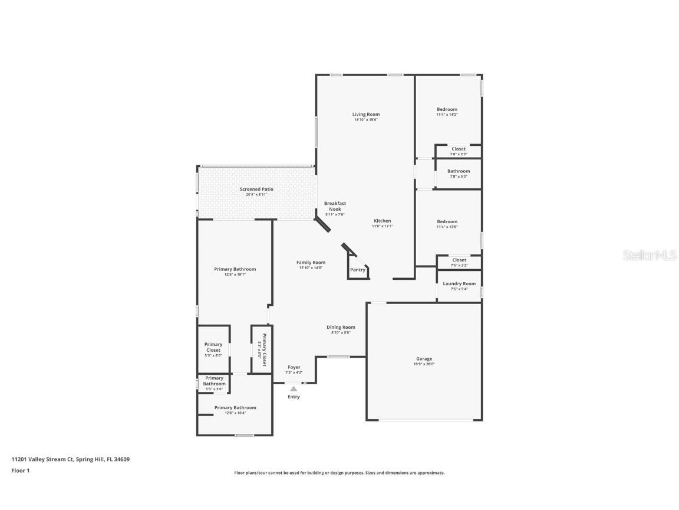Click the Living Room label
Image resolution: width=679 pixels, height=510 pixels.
pyautogui.click(x=365, y=115)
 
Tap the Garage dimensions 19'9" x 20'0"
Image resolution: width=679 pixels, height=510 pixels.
pyautogui.click(x=424, y=364)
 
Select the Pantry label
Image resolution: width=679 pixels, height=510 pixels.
pyautogui.click(x=357, y=270)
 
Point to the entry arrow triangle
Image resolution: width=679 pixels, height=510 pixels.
pyautogui.click(x=294, y=388)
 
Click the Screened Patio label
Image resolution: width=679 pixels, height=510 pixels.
pyautogui.click(x=256, y=189)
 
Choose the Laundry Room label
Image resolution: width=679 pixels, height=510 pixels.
pyautogui.click(x=459, y=284)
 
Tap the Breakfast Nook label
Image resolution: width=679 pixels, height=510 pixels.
pyautogui.click(x=335, y=206)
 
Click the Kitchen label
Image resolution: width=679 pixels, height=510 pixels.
pyautogui.click(x=382, y=221)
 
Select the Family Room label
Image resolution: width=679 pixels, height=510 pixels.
pyautogui.click(x=311, y=263)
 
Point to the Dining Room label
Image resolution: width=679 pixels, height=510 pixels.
pyautogui.click(x=341, y=327)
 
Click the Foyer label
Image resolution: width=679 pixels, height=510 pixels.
pyautogui.click(x=294, y=367)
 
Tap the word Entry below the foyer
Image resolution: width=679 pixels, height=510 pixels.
pyautogui.click(x=294, y=397)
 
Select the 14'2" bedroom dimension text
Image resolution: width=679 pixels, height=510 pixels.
pyautogui.click(x=447, y=115)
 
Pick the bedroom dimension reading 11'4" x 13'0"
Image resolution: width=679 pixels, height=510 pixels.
pyautogui.click(x=447, y=227)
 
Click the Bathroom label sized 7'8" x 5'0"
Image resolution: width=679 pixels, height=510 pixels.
pyautogui.click(x=459, y=171)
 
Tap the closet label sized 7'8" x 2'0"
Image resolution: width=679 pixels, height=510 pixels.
pyautogui.click(x=459, y=149)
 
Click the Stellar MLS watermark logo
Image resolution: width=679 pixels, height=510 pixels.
pyautogui.click(x=648, y=256)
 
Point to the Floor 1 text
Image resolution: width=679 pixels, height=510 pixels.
pyautogui.click(x=20, y=470)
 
